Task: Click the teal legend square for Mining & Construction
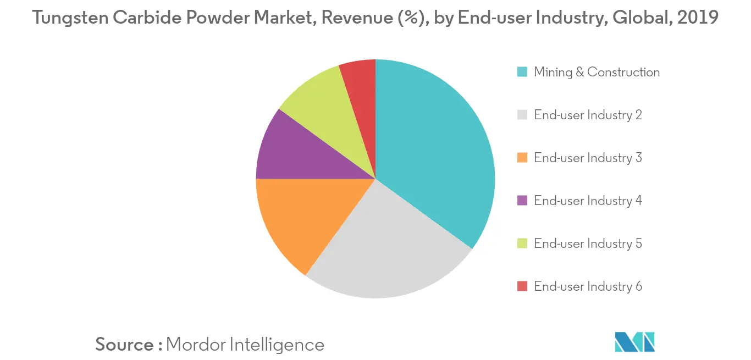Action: point(522,72)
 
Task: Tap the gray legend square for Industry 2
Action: point(522,115)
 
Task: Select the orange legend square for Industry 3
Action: point(522,158)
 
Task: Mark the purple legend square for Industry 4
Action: point(522,201)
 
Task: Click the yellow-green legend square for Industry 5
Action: point(522,243)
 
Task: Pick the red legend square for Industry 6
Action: point(522,286)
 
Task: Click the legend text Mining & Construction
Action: point(597,72)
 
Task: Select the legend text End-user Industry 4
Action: point(588,201)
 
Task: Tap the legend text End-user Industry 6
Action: point(588,286)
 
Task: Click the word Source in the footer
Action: point(125,345)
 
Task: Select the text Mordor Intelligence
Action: point(245,345)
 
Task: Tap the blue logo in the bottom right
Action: point(635,341)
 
